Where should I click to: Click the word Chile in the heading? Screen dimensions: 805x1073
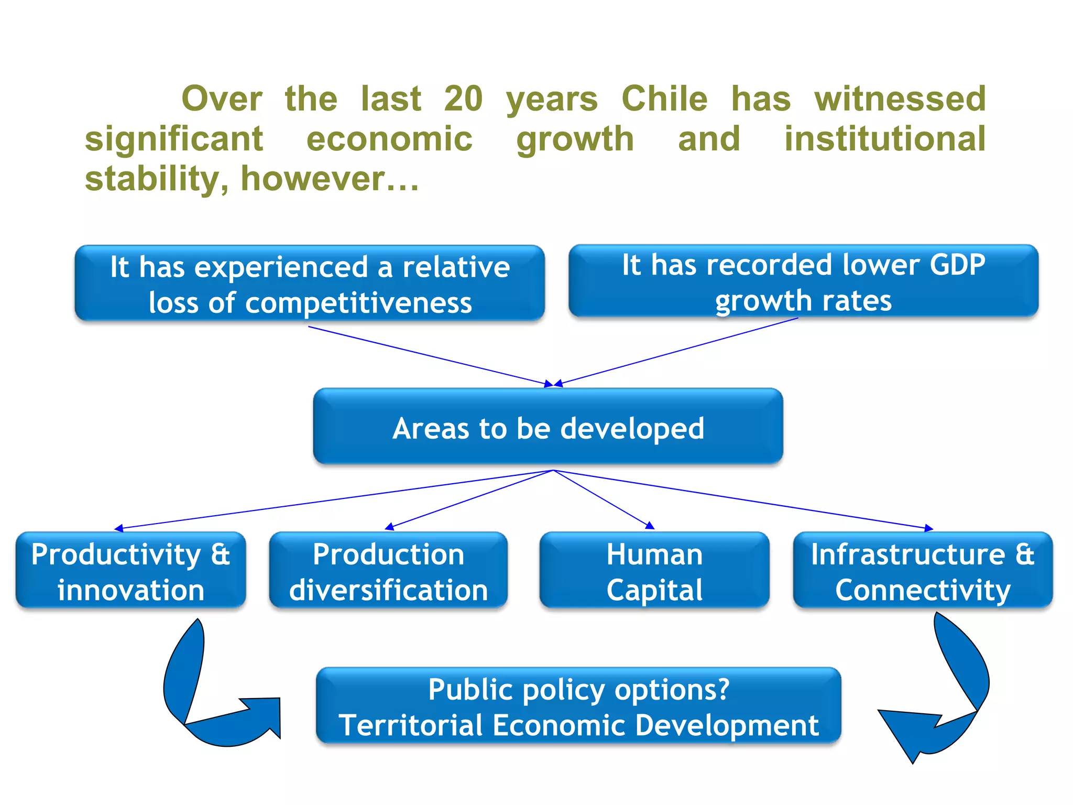pyautogui.click(x=664, y=99)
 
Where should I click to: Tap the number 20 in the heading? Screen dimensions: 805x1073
pyautogui.click(x=463, y=99)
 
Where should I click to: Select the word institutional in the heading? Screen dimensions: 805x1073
pyautogui.click(x=885, y=139)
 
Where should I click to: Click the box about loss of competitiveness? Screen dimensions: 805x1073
pyautogui.click(x=310, y=284)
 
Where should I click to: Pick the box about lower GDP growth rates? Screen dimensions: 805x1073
pyautogui.click(x=803, y=281)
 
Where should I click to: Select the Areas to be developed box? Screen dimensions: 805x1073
pyautogui.click(x=548, y=427)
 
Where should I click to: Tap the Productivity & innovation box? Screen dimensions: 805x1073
pyautogui.click(x=130, y=571)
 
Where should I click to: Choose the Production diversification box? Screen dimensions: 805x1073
pyautogui.click(x=388, y=571)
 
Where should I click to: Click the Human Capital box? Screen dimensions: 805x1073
pyautogui.click(x=654, y=571)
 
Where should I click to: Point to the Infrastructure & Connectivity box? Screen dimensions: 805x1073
pyautogui.click(x=923, y=571)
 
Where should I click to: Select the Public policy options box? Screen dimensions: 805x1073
pyautogui.click(x=578, y=706)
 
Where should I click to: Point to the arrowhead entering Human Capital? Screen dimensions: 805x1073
pyautogui.click(x=650, y=526)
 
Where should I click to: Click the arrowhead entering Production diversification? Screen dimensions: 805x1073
pyautogui.click(x=389, y=527)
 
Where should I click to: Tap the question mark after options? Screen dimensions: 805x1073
pyautogui.click(x=723, y=689)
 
